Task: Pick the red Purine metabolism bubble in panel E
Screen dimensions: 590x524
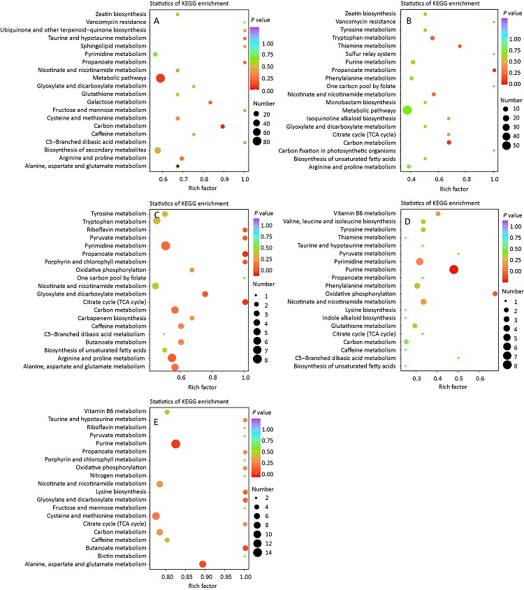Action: tap(175, 444)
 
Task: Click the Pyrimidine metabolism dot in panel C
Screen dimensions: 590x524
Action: tap(166, 245)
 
